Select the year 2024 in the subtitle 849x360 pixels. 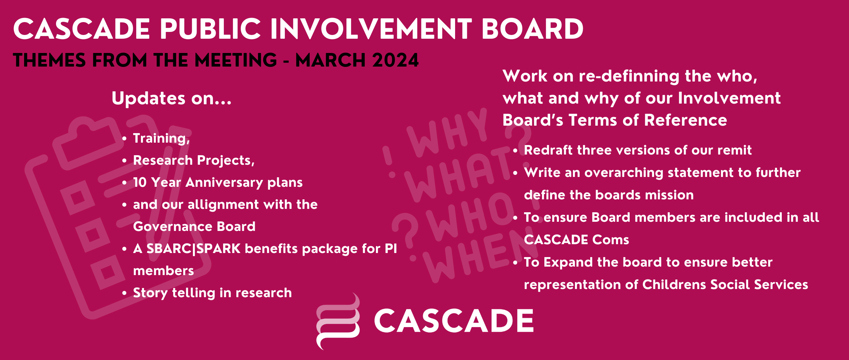click(395, 60)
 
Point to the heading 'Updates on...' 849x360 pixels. click(171, 98)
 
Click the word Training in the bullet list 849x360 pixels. click(160, 139)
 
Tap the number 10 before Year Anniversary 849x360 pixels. click(140, 182)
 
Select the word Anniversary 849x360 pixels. click(224, 183)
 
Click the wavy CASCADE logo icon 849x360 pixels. click(338, 321)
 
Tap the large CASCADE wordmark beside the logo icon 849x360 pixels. click(454, 321)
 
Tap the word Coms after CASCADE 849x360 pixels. click(611, 240)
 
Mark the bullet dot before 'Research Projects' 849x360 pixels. click(124, 161)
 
